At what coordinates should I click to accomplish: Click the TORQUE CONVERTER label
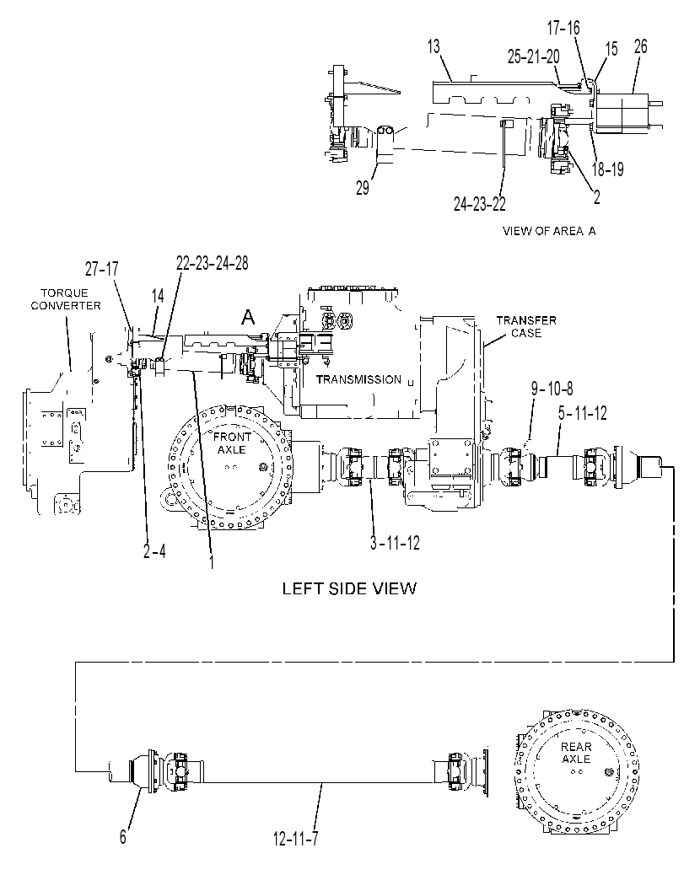coord(66,299)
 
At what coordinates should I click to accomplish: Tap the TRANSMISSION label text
coord(358,379)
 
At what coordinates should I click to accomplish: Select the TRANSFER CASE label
coord(526,327)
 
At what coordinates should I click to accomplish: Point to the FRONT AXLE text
coord(231,443)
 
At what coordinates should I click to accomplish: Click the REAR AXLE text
coord(576,753)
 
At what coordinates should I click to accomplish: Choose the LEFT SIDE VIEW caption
coord(349,588)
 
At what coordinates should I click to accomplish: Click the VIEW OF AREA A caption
coord(549,231)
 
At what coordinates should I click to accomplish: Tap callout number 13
coord(434,46)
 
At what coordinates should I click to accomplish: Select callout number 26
coord(640,46)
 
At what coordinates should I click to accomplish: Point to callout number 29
coord(363,188)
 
